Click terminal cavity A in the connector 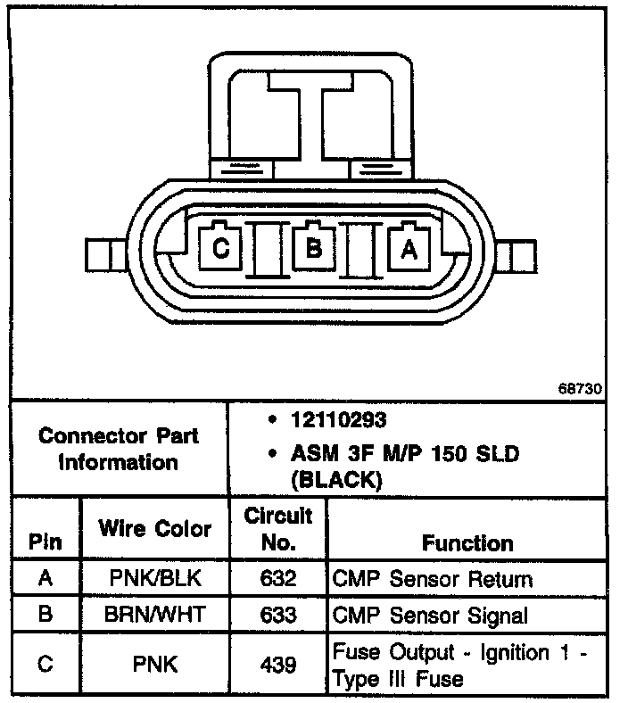(409, 249)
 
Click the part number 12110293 (336, 419)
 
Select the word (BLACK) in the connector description (337, 479)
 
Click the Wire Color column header (155, 528)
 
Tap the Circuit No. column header (278, 528)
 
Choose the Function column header (467, 542)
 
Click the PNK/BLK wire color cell (155, 579)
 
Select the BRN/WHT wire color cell (155, 616)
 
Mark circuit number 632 (278, 579)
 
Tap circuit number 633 (278, 616)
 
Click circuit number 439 (278, 665)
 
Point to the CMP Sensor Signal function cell (430, 616)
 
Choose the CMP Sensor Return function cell (432, 579)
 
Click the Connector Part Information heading (119, 450)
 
